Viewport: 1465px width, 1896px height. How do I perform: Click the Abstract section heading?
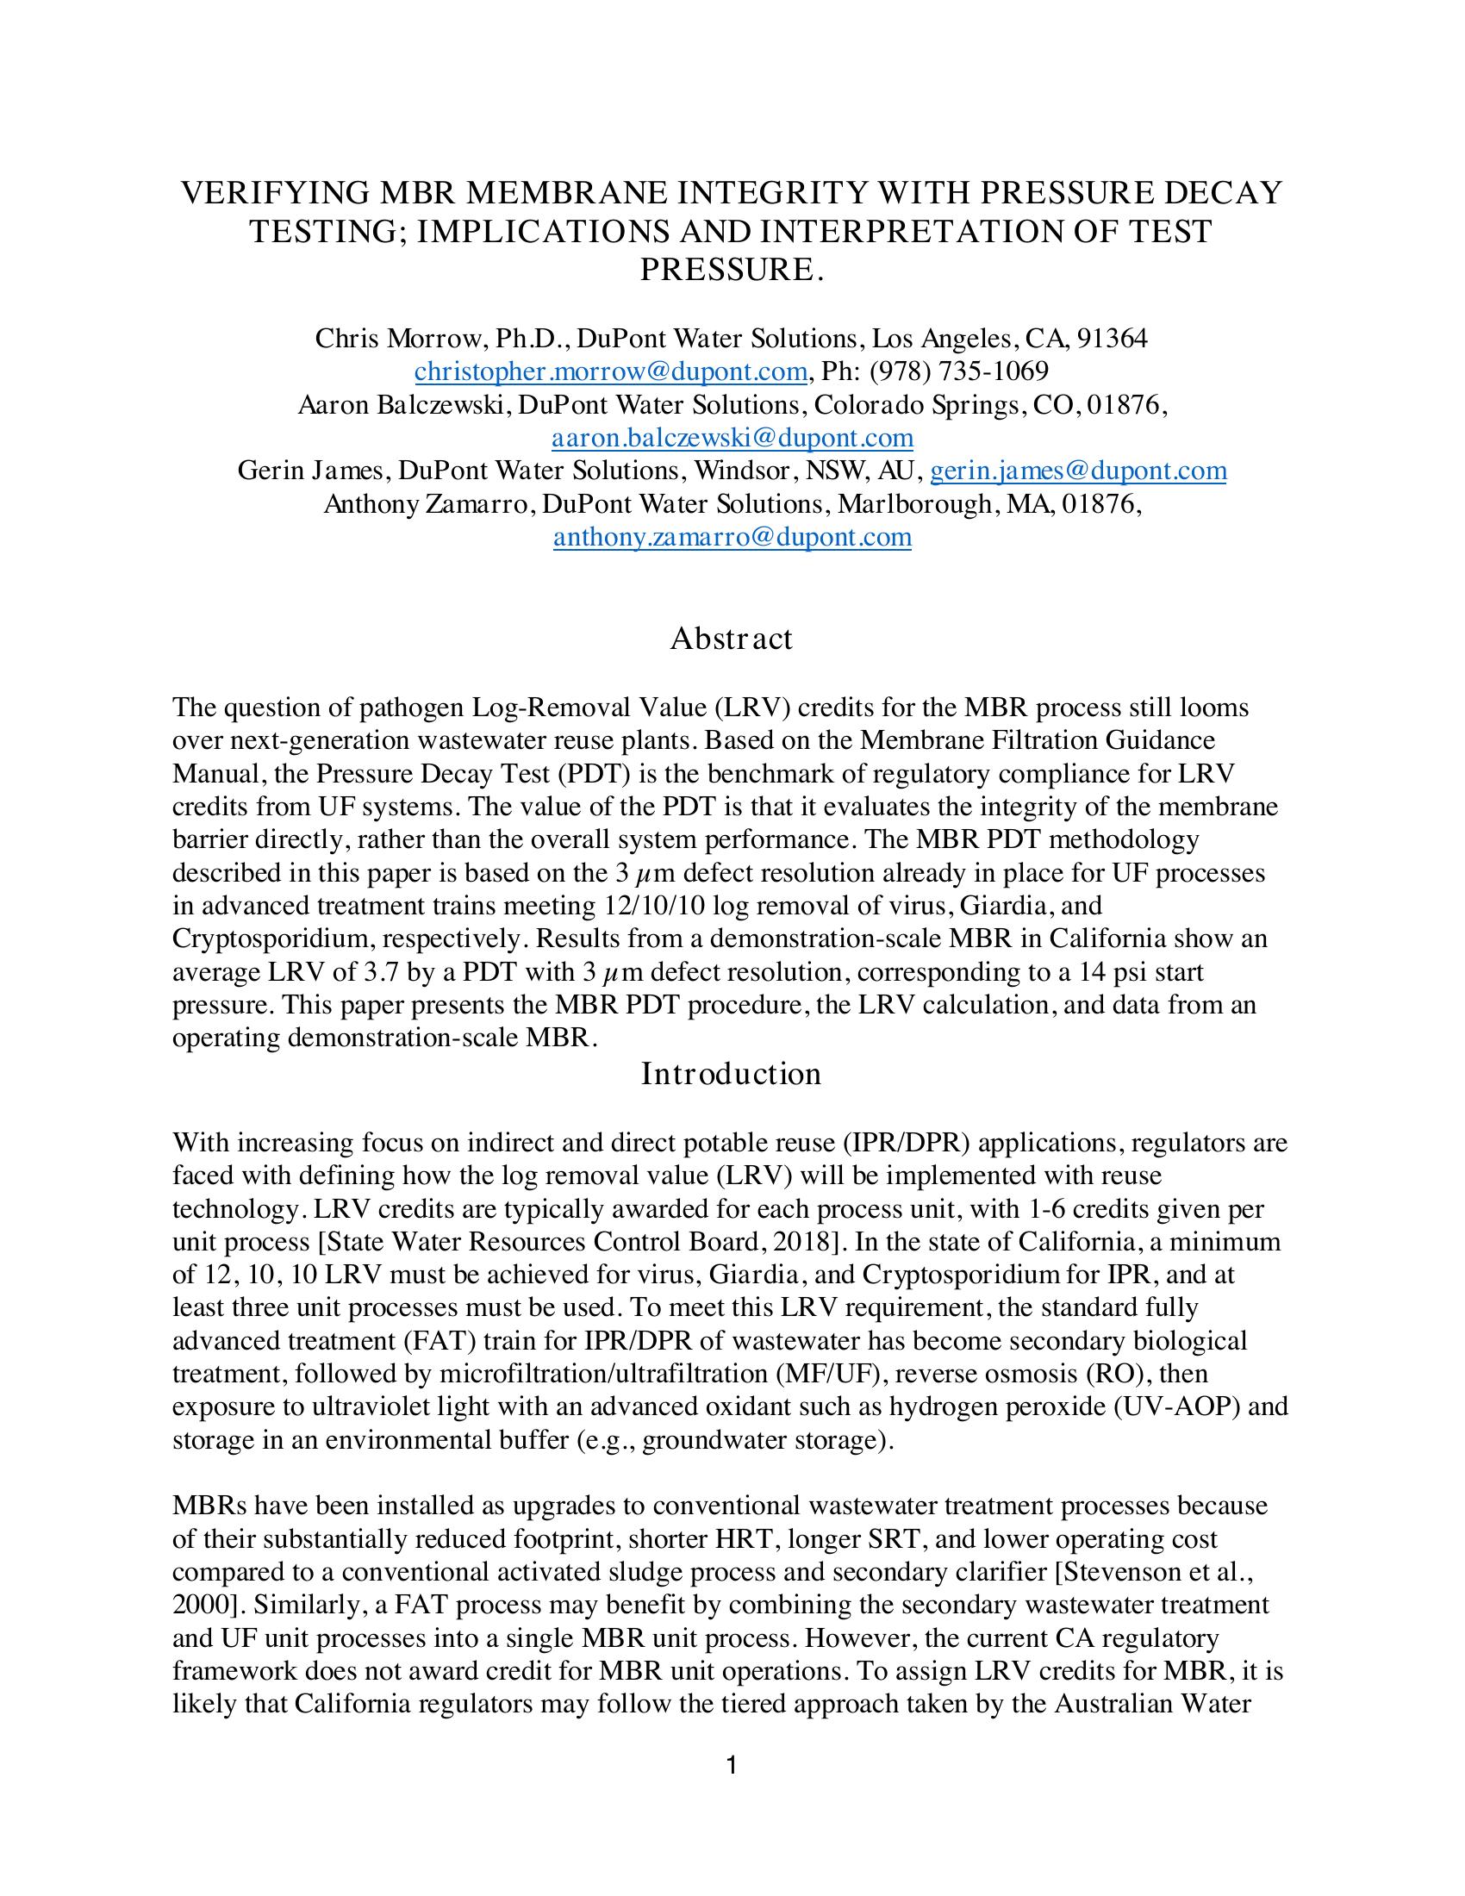(x=731, y=639)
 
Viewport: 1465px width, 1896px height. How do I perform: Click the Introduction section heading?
(x=731, y=1074)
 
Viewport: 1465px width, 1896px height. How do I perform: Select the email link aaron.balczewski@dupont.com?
(x=732, y=438)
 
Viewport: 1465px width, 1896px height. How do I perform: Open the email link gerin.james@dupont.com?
(x=1078, y=471)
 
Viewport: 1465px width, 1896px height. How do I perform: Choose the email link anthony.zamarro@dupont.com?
(x=732, y=538)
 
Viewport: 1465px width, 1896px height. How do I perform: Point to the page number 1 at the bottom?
(x=731, y=1765)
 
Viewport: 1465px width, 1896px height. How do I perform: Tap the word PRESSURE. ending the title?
(x=731, y=271)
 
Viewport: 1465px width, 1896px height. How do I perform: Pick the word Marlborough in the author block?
(x=902, y=504)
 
